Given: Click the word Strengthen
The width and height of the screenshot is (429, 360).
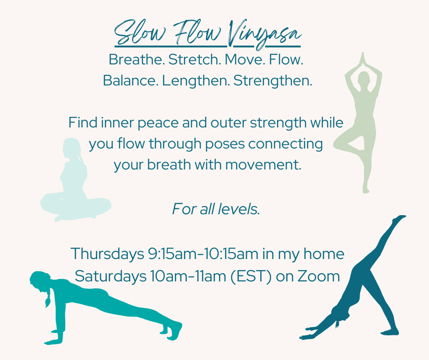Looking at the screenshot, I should (x=273, y=81).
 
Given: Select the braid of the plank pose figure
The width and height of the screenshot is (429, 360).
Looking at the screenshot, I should (x=47, y=299).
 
